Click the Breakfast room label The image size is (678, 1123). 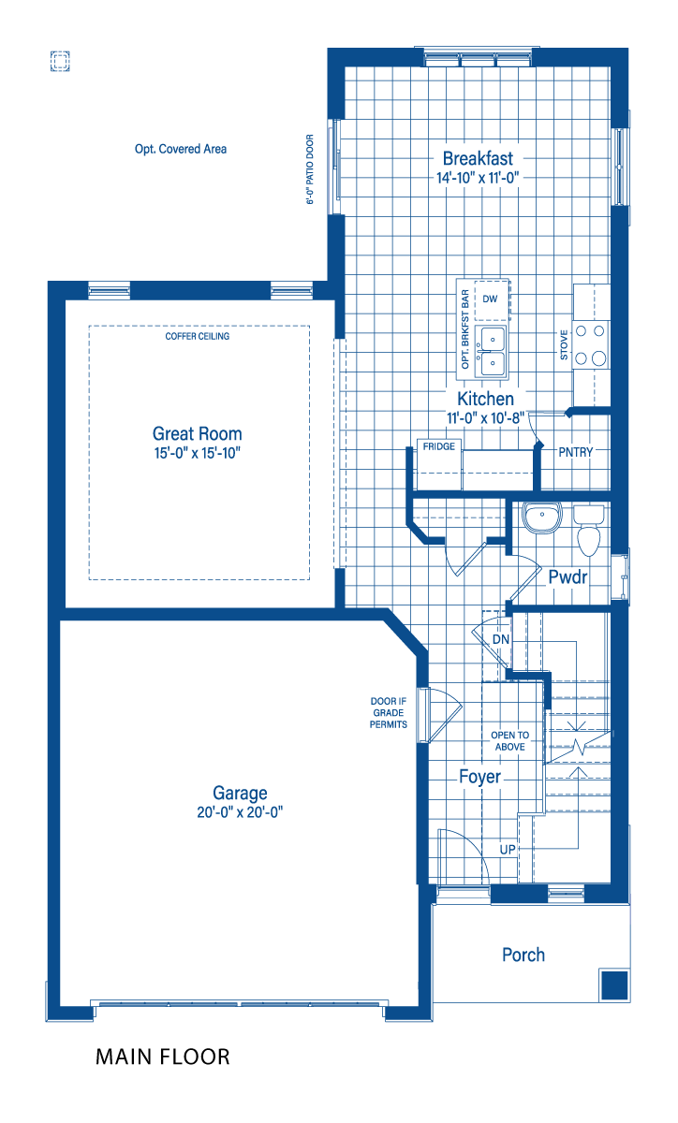click(x=478, y=158)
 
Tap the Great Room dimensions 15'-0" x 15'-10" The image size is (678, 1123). click(x=198, y=453)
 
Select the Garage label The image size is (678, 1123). click(x=240, y=794)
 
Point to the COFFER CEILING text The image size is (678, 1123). click(x=198, y=336)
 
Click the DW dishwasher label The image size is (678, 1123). click(x=490, y=299)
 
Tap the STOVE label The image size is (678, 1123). click(x=564, y=344)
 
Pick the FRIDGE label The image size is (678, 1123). click(x=439, y=446)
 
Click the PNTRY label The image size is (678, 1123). click(x=576, y=452)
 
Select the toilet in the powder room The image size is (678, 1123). click(x=589, y=530)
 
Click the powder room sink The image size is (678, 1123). click(x=542, y=518)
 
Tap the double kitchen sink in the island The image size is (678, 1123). click(x=492, y=351)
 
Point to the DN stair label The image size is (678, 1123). click(x=501, y=639)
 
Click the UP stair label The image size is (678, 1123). click(x=508, y=850)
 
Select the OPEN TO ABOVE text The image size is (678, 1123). click(x=509, y=741)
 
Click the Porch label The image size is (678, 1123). click(x=523, y=955)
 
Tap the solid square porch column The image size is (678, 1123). click(x=614, y=985)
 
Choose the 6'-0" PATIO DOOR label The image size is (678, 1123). click(x=310, y=169)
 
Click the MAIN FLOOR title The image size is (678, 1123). click(x=163, y=1057)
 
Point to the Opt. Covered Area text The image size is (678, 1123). click(x=181, y=149)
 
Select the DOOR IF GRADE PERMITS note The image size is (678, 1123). click(x=389, y=712)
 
